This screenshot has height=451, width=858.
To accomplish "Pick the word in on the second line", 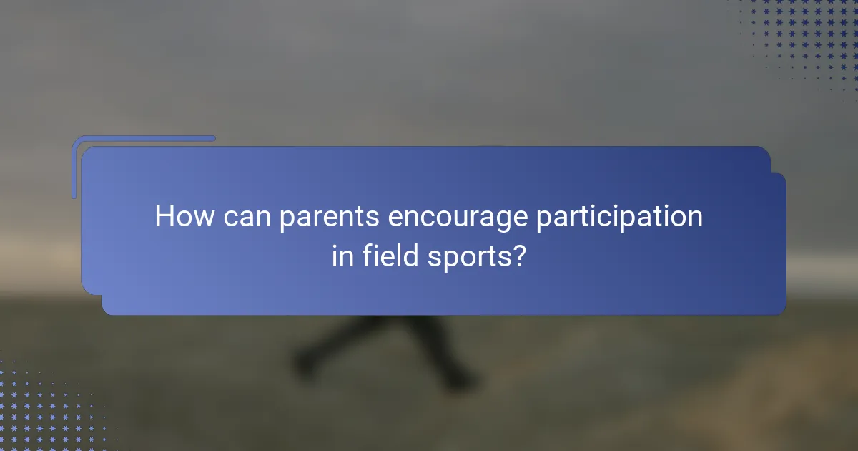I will (x=342, y=256).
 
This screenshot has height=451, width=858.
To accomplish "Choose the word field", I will (x=385, y=256).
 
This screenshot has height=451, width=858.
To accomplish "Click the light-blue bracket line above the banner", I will (x=143, y=138).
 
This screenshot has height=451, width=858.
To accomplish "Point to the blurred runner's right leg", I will (x=443, y=351).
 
